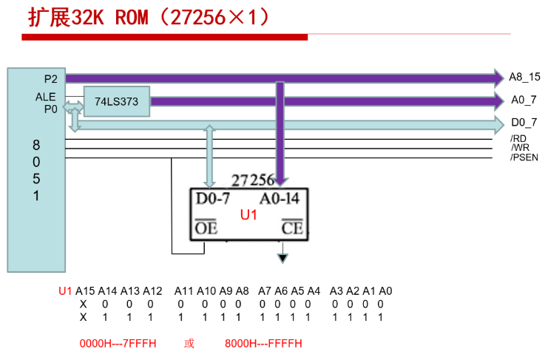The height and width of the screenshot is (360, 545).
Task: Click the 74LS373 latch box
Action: (117, 101)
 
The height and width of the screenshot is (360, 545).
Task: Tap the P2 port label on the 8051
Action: (51, 79)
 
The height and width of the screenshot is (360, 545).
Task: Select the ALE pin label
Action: (46, 97)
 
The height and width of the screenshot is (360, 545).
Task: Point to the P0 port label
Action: (51, 109)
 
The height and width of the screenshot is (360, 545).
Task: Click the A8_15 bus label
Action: (524, 77)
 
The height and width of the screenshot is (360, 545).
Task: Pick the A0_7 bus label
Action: (524, 100)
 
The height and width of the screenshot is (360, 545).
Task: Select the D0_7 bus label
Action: (524, 122)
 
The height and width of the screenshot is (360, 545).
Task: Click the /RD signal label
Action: (518, 139)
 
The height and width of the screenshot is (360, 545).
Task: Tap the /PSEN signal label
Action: (524, 157)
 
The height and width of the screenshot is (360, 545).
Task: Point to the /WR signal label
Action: (520, 148)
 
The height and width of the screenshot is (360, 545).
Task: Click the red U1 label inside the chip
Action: (248, 215)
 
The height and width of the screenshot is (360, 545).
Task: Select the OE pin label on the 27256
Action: (206, 228)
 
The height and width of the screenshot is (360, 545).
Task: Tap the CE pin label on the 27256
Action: (292, 228)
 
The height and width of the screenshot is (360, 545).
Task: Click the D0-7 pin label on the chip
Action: (213, 199)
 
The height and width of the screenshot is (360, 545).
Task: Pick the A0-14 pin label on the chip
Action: (280, 199)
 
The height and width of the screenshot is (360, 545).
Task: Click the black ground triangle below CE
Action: (282, 258)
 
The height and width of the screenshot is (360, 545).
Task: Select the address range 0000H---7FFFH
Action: (118, 343)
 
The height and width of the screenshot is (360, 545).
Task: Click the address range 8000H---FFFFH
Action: (263, 343)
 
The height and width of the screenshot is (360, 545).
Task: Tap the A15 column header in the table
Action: (85, 291)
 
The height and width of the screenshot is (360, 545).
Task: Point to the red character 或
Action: (189, 343)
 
